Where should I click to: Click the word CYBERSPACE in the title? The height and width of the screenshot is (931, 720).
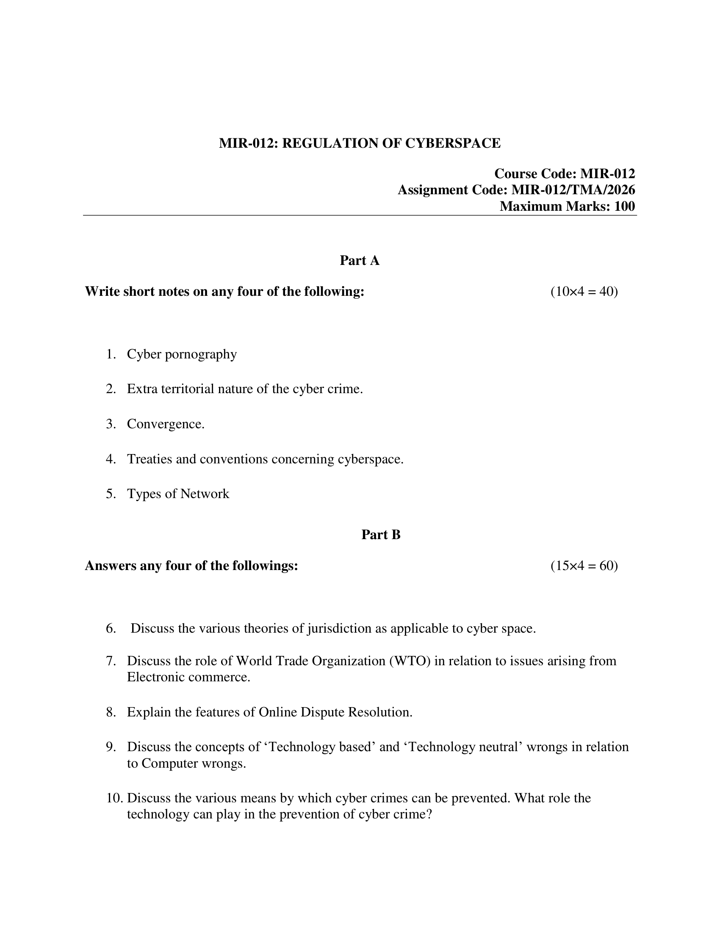coord(453,143)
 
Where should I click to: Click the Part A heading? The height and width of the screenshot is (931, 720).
coord(359,260)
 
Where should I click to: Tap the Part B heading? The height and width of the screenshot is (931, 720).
coord(381,534)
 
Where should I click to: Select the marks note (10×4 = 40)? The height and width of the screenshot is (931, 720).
coord(584,292)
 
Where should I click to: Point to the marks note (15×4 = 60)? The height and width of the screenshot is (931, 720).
coord(584,566)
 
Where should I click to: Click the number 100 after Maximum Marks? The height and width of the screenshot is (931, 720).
coord(624,207)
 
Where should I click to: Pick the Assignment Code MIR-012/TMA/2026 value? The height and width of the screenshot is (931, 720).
coord(573,190)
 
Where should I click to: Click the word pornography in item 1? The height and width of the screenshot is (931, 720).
coord(200,354)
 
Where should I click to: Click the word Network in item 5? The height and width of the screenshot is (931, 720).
coord(205,493)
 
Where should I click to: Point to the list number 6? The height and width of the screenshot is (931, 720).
coord(111,628)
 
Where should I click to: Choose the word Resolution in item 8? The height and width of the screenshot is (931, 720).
coord(380,712)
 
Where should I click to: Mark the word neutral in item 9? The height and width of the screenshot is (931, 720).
coord(501,747)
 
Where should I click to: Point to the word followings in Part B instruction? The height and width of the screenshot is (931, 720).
coord(264,566)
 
